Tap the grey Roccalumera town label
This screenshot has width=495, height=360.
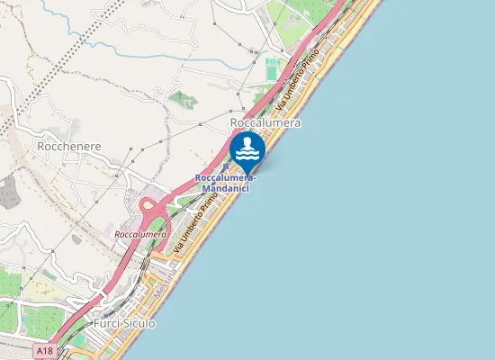[x=265, y=122]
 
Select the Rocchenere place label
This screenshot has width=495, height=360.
[x=69, y=145]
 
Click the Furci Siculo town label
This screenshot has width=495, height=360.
[x=124, y=323]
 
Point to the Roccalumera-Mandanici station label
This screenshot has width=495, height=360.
[x=225, y=183]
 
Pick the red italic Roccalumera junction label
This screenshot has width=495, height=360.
[x=140, y=235]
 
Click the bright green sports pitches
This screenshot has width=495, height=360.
[x=273, y=68]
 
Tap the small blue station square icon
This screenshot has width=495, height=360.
[x=225, y=166]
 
